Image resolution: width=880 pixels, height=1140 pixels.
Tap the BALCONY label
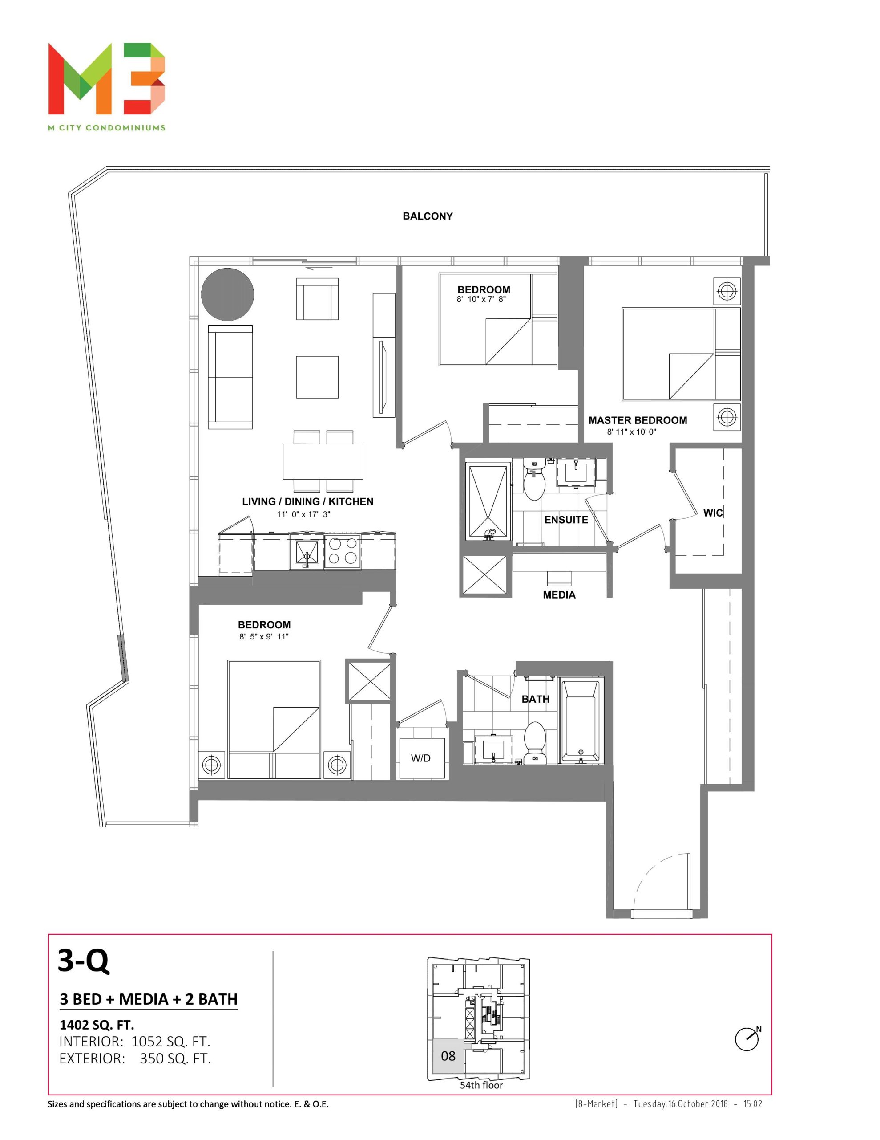(x=427, y=216)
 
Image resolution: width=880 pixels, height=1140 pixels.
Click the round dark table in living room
(x=227, y=294)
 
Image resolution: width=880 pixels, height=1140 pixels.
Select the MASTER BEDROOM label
(x=638, y=420)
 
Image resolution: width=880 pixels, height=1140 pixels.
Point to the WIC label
(x=713, y=513)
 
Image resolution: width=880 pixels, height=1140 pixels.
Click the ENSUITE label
(x=566, y=519)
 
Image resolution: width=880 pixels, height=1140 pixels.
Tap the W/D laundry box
(x=421, y=758)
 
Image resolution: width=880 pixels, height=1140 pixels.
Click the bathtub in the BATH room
(x=581, y=721)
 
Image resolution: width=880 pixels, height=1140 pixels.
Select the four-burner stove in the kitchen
(x=342, y=552)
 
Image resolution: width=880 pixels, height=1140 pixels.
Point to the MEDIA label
(x=559, y=594)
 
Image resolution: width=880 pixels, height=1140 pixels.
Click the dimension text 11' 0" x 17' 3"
(x=303, y=514)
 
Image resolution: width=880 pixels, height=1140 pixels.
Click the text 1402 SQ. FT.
(x=97, y=1025)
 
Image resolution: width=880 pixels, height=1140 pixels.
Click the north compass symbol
(x=747, y=1039)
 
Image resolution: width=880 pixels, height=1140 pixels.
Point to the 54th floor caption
(x=481, y=1085)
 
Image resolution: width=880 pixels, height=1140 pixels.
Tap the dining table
(x=323, y=461)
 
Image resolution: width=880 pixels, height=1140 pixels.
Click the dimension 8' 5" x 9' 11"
(x=264, y=636)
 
